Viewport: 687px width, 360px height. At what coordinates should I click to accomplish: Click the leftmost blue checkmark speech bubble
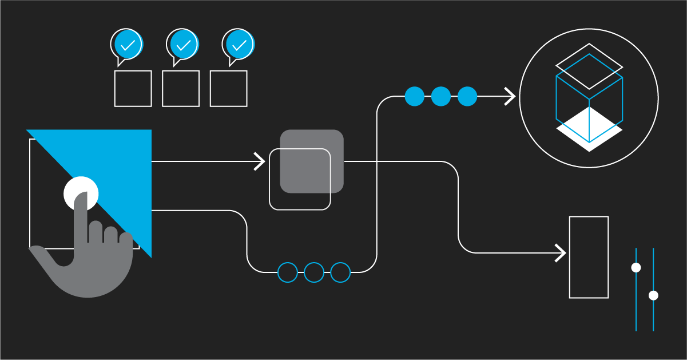click(128, 44)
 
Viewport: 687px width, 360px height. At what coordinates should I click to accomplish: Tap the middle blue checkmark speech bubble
click(183, 44)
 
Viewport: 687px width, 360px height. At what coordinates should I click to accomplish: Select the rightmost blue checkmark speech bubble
click(239, 44)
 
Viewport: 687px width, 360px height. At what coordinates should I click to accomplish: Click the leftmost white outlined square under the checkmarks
click(133, 89)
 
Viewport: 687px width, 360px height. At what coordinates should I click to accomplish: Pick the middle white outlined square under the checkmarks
click(181, 89)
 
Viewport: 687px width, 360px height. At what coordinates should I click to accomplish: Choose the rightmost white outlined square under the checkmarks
click(228, 89)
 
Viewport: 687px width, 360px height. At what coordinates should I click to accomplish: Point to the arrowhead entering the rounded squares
click(261, 162)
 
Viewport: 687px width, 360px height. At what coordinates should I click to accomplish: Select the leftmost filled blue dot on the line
click(415, 96)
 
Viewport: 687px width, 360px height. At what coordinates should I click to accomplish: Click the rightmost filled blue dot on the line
click(467, 96)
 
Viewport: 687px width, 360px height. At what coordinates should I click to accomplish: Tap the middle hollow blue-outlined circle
click(314, 272)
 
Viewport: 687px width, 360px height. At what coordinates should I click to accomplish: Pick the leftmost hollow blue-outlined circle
click(288, 272)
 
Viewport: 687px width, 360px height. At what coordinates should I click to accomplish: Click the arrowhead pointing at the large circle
click(511, 96)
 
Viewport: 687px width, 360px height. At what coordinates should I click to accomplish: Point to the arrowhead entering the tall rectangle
click(561, 252)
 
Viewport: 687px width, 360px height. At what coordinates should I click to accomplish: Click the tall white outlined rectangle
click(589, 257)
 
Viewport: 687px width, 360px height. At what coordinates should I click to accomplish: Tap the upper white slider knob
click(636, 267)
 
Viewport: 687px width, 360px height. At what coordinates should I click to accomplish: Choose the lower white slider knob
click(653, 295)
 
